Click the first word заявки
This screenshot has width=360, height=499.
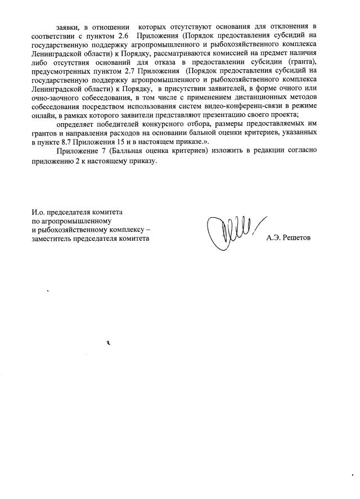[67, 26]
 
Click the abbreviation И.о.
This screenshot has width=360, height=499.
[39, 213]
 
